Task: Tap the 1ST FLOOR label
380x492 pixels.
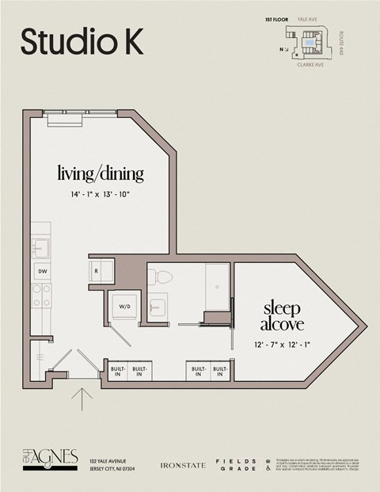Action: tap(275, 17)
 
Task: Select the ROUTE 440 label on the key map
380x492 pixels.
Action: tap(341, 41)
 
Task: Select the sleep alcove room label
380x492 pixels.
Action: tap(283, 315)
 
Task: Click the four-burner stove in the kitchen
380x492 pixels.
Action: tap(40, 296)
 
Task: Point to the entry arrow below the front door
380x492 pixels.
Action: tap(81, 397)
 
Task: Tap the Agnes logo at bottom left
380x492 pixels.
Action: tap(50, 459)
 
